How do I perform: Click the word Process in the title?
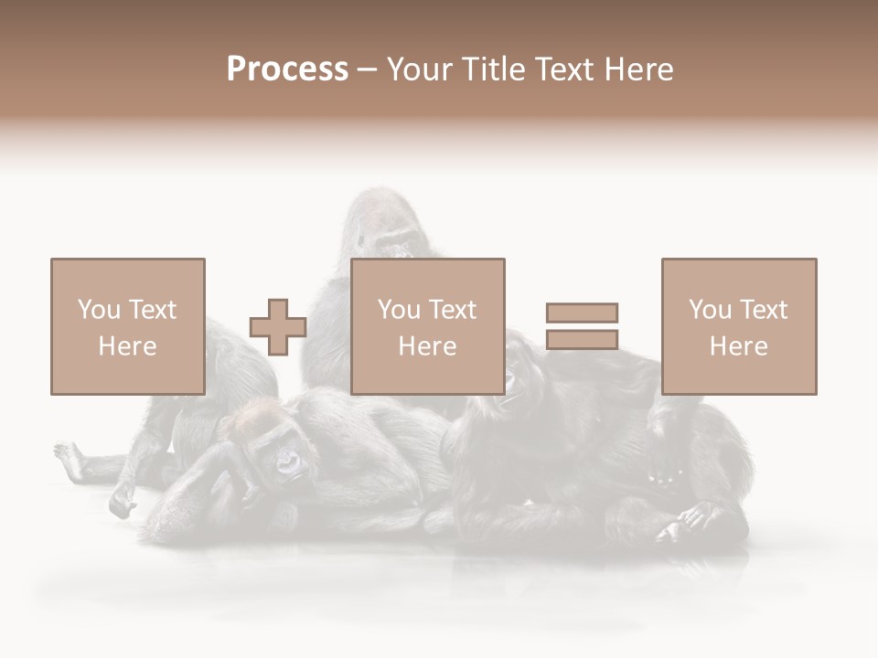point(287,69)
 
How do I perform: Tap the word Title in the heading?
point(495,69)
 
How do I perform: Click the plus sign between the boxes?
point(278,327)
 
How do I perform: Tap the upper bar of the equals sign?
point(582,313)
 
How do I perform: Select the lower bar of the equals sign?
point(582,340)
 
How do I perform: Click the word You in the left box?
point(97,310)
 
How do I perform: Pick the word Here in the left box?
point(127,346)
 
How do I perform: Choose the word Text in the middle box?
point(452,310)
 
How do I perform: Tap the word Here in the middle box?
point(427,346)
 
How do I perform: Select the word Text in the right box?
point(763,310)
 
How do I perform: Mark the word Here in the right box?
point(738,346)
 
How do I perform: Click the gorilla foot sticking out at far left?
point(68,452)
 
